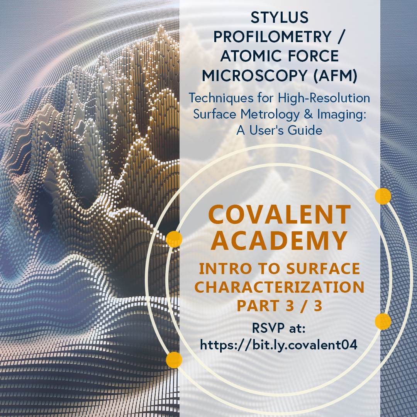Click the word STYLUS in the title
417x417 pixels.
(280, 17)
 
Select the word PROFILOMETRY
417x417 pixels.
(272, 37)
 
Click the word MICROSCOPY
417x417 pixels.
(255, 76)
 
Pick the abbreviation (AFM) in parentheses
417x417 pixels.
(336, 76)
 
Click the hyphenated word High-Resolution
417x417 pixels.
(324, 98)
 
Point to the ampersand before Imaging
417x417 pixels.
(308, 114)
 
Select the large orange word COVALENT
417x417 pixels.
(280, 215)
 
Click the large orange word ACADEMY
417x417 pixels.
(280, 241)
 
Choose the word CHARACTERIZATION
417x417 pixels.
(280, 287)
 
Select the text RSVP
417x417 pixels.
(268, 328)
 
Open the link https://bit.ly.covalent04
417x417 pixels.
(278, 345)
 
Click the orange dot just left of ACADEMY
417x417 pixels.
(174, 239)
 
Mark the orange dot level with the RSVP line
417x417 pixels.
(383, 321)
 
